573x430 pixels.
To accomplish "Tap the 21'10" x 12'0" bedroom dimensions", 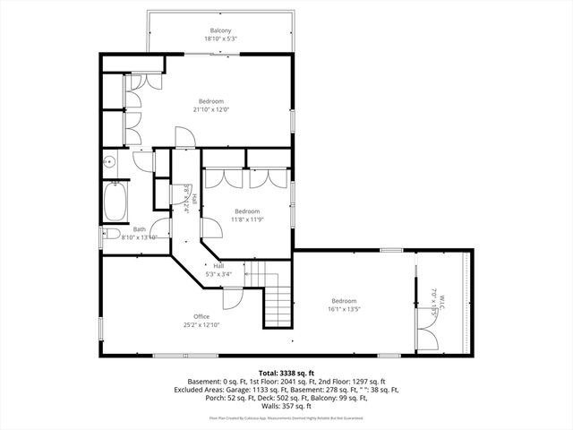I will (x=210, y=109).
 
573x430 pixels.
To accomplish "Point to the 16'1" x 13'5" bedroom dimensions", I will (x=344, y=309).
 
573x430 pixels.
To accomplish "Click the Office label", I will (x=201, y=316).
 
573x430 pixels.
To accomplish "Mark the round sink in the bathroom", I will (x=108, y=162).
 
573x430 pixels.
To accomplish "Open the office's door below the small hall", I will (x=230, y=299).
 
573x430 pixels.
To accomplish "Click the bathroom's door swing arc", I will (x=160, y=229).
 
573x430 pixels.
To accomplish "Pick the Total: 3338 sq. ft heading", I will (x=286, y=372).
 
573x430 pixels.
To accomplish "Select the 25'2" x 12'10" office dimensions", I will (x=201, y=325).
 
